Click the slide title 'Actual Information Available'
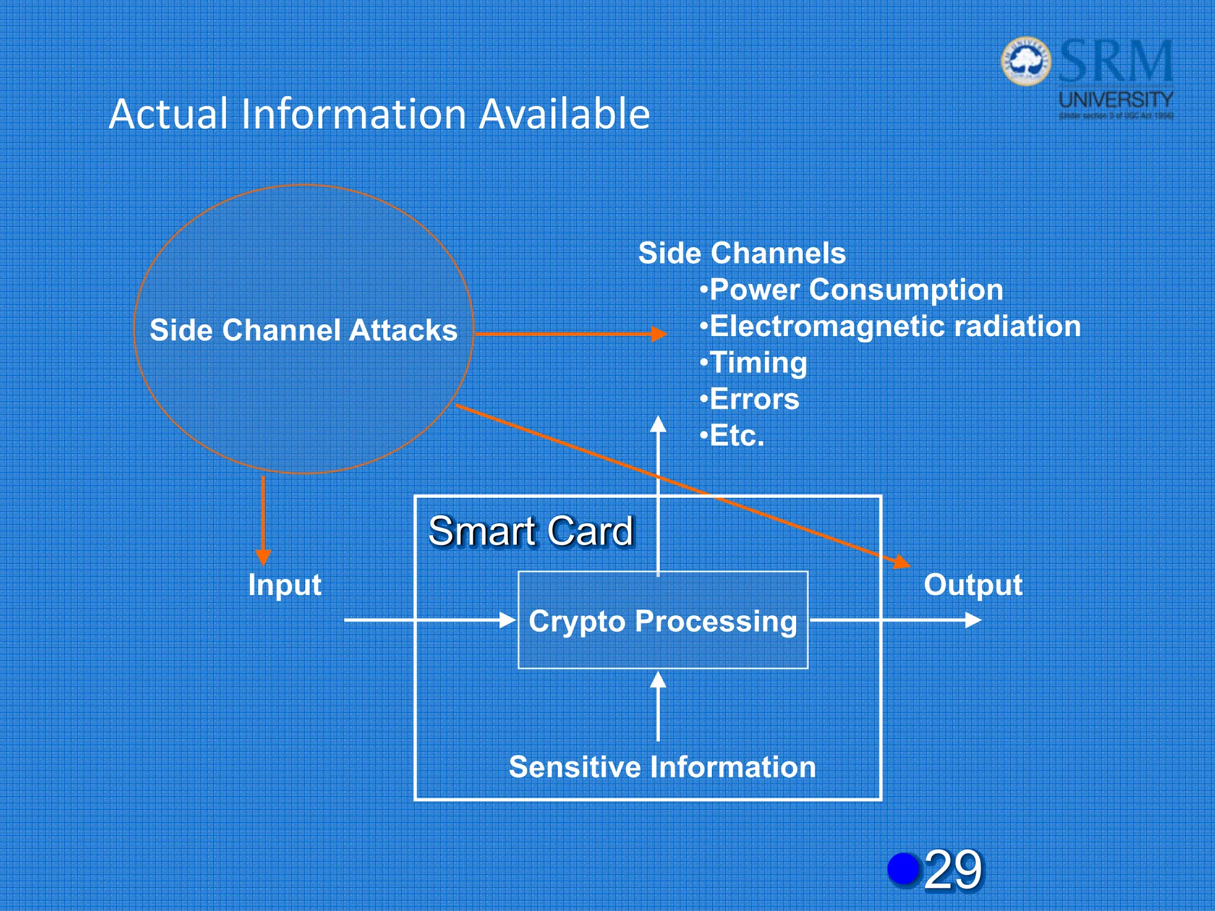click(380, 114)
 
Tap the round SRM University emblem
click(1026, 61)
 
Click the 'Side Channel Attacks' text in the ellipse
click(303, 330)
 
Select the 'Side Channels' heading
click(742, 253)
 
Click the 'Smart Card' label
click(531, 531)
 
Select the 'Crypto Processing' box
click(663, 621)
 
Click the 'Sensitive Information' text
click(662, 767)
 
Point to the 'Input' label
click(285, 585)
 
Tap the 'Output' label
click(973, 585)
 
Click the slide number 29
click(953, 870)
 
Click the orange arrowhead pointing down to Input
click(263, 557)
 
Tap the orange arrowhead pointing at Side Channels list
click(659, 334)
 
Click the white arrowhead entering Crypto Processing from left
click(508, 620)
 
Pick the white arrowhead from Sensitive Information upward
click(658, 680)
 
